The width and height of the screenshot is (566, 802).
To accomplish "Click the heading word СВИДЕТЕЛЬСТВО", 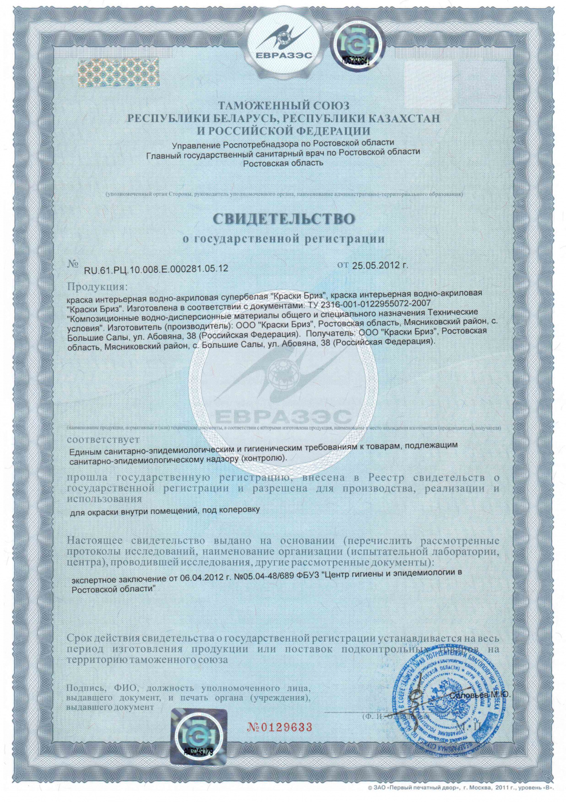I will coord(284,219).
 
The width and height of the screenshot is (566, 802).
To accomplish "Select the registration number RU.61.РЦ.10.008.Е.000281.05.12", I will coord(156,268).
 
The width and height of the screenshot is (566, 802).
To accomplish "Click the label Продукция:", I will coord(98,286).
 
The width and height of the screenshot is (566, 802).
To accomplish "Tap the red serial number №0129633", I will coord(280,728).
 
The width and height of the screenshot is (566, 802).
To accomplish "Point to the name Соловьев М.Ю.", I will coord(479,695).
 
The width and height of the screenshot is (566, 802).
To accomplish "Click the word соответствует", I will coord(103,439).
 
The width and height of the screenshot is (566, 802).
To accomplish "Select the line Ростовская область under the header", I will coord(283,163).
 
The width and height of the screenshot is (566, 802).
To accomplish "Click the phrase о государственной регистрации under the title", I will coord(284,238).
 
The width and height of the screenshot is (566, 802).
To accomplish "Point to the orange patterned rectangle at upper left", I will coord(119,72).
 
